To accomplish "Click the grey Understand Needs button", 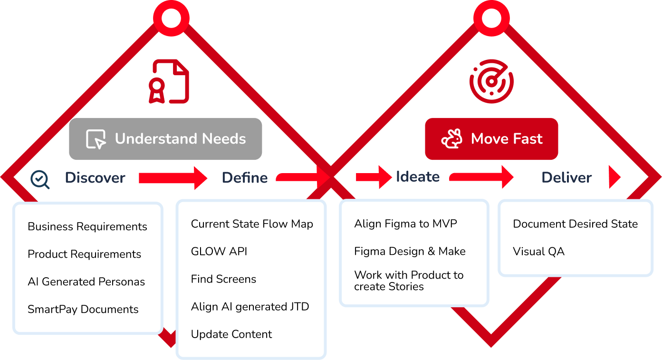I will click(165, 139).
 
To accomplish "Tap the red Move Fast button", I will click(491, 139).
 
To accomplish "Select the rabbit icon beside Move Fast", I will click(451, 139).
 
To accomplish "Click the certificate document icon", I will click(169, 81).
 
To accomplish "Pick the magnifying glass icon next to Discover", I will click(40, 179).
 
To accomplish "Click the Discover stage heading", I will click(95, 178).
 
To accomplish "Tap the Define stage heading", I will click(245, 178).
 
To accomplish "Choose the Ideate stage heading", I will click(418, 177).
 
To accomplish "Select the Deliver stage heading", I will click(566, 178).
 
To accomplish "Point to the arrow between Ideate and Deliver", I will click(481, 177).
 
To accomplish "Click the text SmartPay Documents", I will click(83, 309).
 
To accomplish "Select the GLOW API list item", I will click(219, 251).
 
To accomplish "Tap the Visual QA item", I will click(538, 251).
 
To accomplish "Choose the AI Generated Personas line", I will click(86, 282).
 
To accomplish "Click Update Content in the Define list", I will click(231, 334).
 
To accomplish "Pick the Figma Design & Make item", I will click(410, 251).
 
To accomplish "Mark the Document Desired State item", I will click(575, 224).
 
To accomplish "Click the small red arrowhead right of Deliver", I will click(614, 177).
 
